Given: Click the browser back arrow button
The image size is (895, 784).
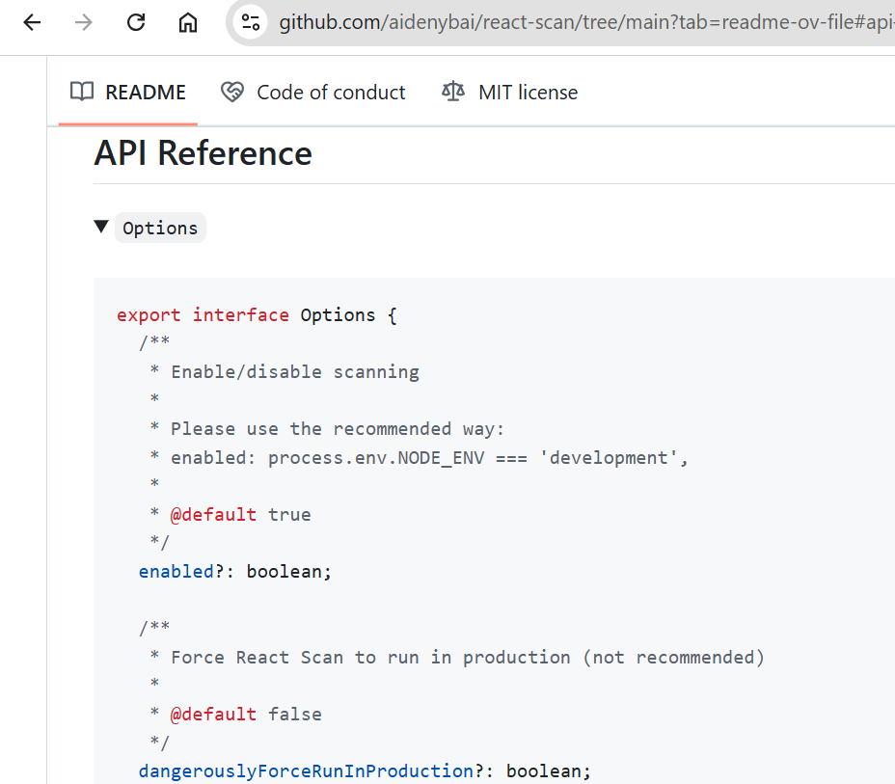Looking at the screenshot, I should [32, 22].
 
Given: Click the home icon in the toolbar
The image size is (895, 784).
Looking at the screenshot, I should [187, 22].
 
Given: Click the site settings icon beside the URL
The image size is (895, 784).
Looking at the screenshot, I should [251, 22].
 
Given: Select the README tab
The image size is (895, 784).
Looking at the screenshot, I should [128, 93].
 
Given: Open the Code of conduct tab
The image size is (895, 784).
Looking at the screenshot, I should [313, 93].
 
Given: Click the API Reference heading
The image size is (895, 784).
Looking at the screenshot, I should [203, 153].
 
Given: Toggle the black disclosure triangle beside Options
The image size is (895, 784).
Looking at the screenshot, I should [101, 227].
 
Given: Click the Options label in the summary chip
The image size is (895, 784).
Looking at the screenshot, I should [160, 228].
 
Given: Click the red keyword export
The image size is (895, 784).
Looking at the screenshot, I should [149, 315].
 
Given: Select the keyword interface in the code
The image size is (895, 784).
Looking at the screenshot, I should [240, 315].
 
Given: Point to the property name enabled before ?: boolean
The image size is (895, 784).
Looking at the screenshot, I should [176, 572].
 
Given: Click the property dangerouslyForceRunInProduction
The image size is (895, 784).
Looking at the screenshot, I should [306, 771].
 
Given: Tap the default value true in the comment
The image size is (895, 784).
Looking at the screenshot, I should [289, 515].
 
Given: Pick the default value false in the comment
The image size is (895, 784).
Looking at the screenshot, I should [294, 715].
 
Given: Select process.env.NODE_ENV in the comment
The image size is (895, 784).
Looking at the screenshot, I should [376, 458].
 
